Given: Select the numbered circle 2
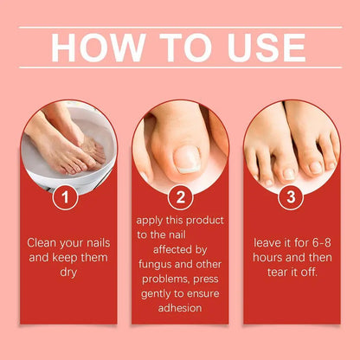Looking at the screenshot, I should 179,198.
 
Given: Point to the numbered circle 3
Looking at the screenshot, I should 290,198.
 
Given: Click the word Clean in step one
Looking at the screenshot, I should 44,243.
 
